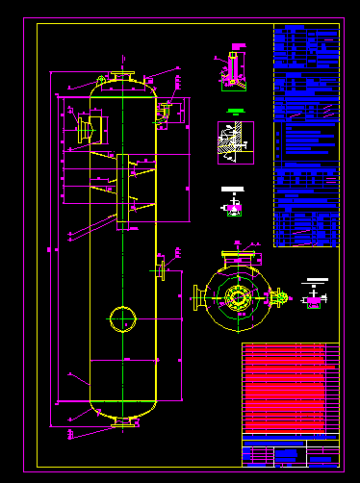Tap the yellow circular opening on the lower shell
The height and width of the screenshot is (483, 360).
tap(122, 318)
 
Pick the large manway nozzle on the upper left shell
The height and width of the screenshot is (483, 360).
tap(85, 128)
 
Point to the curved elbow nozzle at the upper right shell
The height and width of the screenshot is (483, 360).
tap(164, 111)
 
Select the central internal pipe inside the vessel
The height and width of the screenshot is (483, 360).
tap(122, 191)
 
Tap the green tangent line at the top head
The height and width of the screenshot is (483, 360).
tap(122, 94)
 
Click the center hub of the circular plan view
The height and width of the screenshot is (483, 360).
tap(237, 297)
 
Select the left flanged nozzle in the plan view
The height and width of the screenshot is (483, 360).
tap(198, 297)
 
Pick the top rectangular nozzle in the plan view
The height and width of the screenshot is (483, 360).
tap(237, 258)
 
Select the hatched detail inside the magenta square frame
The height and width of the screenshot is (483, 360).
tap(235, 141)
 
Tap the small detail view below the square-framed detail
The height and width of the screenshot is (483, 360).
tap(232, 202)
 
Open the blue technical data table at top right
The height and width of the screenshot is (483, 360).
tap(306, 135)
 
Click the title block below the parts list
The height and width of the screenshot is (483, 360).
tap(290, 452)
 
